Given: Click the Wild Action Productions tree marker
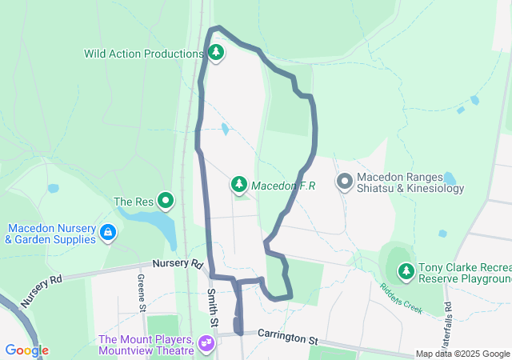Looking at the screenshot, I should click(x=215, y=54).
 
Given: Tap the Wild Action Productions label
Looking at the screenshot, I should click(x=144, y=54).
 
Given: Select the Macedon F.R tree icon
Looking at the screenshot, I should click(x=238, y=186).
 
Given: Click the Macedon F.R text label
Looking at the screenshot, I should click(x=283, y=186).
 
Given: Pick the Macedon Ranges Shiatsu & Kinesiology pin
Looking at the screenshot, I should click(x=345, y=182).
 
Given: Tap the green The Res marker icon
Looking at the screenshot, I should click(x=166, y=201).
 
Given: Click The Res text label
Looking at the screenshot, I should click(x=134, y=202).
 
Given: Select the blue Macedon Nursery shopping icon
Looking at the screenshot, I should click(x=108, y=233).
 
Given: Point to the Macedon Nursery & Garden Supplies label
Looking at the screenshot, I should click(x=52, y=233).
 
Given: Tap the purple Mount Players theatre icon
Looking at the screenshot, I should click(x=207, y=344).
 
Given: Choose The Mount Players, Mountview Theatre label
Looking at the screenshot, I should click(x=146, y=344).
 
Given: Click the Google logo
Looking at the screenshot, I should click(x=26, y=350).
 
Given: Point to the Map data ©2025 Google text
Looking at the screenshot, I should click(x=462, y=354).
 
